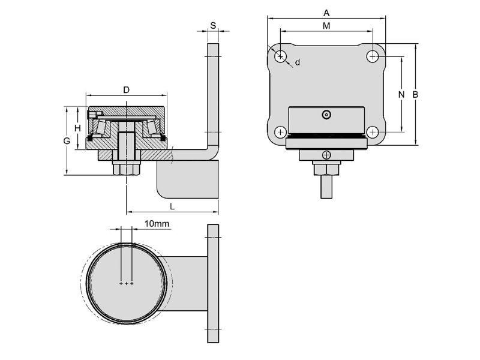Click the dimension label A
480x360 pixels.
(x=326, y=13)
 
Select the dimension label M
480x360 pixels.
(x=326, y=25)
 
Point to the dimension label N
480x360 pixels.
(x=402, y=94)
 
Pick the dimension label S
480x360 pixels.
(x=214, y=25)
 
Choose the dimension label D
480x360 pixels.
(x=126, y=90)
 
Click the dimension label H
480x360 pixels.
(x=77, y=128)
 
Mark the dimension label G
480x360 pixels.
(x=67, y=141)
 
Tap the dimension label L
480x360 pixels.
(x=172, y=206)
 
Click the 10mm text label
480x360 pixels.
(x=158, y=224)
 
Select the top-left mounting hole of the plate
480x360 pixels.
(x=281, y=56)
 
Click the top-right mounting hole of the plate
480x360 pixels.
(x=373, y=56)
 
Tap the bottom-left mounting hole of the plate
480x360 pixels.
(x=281, y=132)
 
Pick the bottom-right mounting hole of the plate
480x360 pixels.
(x=373, y=132)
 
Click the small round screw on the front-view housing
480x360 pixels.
(x=326, y=114)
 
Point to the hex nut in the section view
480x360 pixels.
(x=126, y=169)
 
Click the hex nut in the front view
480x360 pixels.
(x=326, y=169)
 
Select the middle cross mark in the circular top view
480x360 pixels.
(x=127, y=283)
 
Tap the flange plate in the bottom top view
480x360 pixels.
(x=213, y=283)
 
